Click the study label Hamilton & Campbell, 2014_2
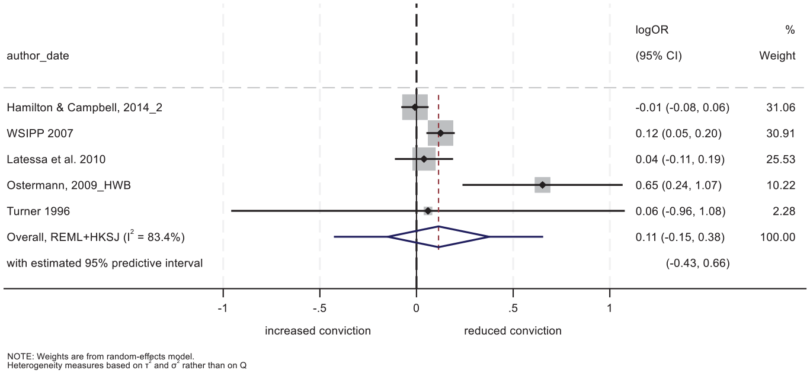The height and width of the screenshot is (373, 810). [x=85, y=108]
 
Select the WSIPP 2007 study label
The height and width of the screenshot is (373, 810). [x=40, y=133]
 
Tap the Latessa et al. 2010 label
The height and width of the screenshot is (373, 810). [x=56, y=159]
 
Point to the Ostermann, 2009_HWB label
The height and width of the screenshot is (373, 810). [x=69, y=185]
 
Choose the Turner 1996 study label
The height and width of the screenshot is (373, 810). [x=39, y=211]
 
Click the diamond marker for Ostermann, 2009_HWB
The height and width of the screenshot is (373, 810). [x=542, y=185]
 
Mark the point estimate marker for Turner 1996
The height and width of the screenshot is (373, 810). [x=428, y=211]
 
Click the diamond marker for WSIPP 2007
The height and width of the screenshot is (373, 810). [x=440, y=133]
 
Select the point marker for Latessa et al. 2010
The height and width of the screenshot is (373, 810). [x=424, y=159]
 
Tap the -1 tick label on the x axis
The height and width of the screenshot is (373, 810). [x=222, y=308]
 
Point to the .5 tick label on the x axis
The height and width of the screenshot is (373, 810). [x=513, y=308]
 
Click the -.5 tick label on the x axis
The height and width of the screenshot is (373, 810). [x=319, y=308]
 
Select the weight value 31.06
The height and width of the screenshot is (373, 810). [x=781, y=107]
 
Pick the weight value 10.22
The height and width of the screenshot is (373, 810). [x=781, y=185]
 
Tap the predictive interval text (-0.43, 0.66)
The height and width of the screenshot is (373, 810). [x=698, y=263]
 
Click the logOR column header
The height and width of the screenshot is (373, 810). [x=652, y=30]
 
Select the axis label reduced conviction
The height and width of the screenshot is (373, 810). [x=513, y=331]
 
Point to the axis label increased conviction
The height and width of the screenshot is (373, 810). [x=318, y=331]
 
